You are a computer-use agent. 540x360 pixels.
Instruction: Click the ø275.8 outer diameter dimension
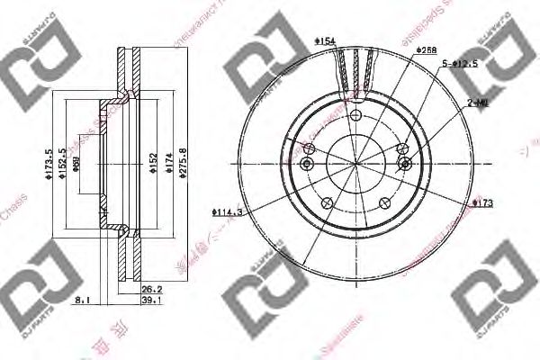pyautogui.click(x=183, y=163)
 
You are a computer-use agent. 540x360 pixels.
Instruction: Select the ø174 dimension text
pyautogui.click(x=167, y=163)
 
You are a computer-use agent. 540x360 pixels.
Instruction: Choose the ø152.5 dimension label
pyautogui.click(x=62, y=163)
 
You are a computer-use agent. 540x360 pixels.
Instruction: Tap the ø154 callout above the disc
pyautogui.click(x=325, y=40)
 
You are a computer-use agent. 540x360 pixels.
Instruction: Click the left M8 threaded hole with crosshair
pyautogui.click(x=308, y=163)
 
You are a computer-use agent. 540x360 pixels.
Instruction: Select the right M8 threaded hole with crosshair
pyautogui.click(x=406, y=163)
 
